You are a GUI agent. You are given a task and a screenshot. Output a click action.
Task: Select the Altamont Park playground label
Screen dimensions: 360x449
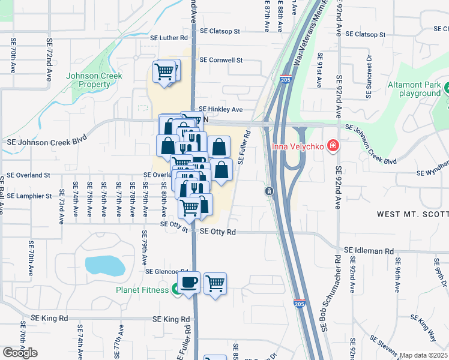pos(415,89)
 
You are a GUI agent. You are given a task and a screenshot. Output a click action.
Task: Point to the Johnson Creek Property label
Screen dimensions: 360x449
pos(94,80)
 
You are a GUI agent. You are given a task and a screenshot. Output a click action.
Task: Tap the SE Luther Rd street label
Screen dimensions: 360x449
pos(169,38)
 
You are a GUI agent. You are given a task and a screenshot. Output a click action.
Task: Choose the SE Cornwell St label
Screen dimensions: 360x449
pos(221,60)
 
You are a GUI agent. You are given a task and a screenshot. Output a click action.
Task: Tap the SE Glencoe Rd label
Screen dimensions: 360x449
pos(167,272)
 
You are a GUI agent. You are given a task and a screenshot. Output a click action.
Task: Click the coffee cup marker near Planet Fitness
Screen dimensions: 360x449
pos(190,282)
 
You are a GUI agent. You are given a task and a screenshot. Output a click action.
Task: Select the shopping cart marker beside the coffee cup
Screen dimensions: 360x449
pos(215,283)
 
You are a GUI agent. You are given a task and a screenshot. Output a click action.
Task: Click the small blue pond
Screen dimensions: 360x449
pos(104,265)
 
